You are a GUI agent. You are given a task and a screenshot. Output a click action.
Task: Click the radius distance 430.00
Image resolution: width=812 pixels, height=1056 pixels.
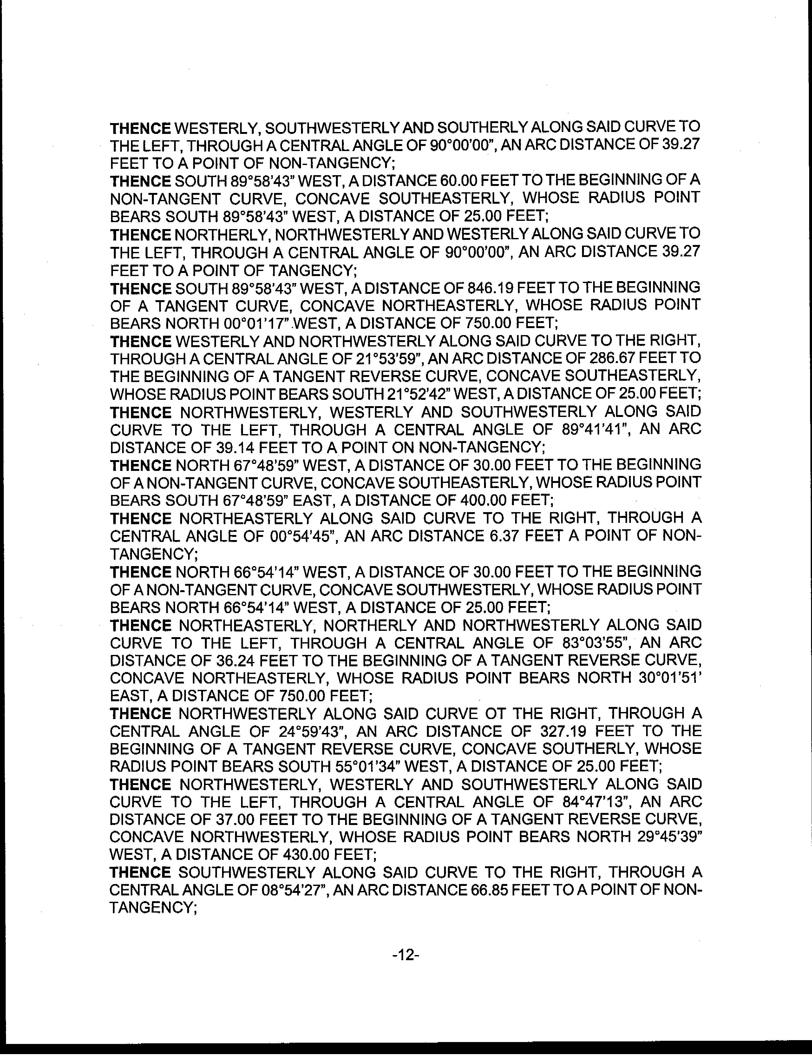[x=304, y=855]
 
